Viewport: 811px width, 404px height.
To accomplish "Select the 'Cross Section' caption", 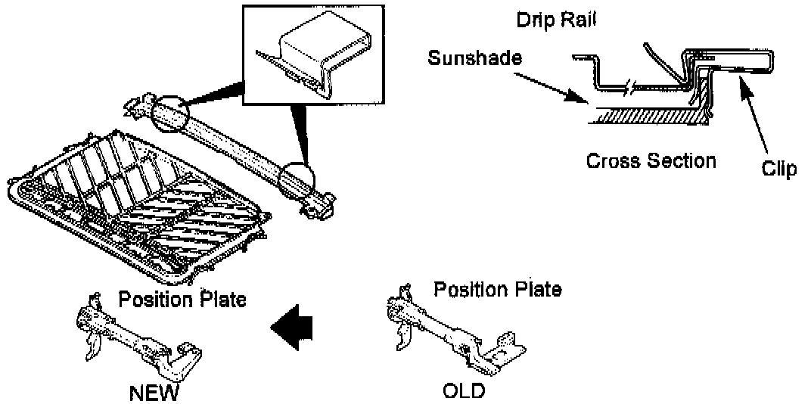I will pyautogui.click(x=651, y=160).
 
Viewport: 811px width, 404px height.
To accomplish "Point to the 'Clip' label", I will pyautogui.click(x=779, y=169).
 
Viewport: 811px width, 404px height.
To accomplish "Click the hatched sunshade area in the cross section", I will pyautogui.click(x=643, y=117).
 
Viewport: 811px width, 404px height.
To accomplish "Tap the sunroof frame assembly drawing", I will pyautogui.click(x=136, y=204).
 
